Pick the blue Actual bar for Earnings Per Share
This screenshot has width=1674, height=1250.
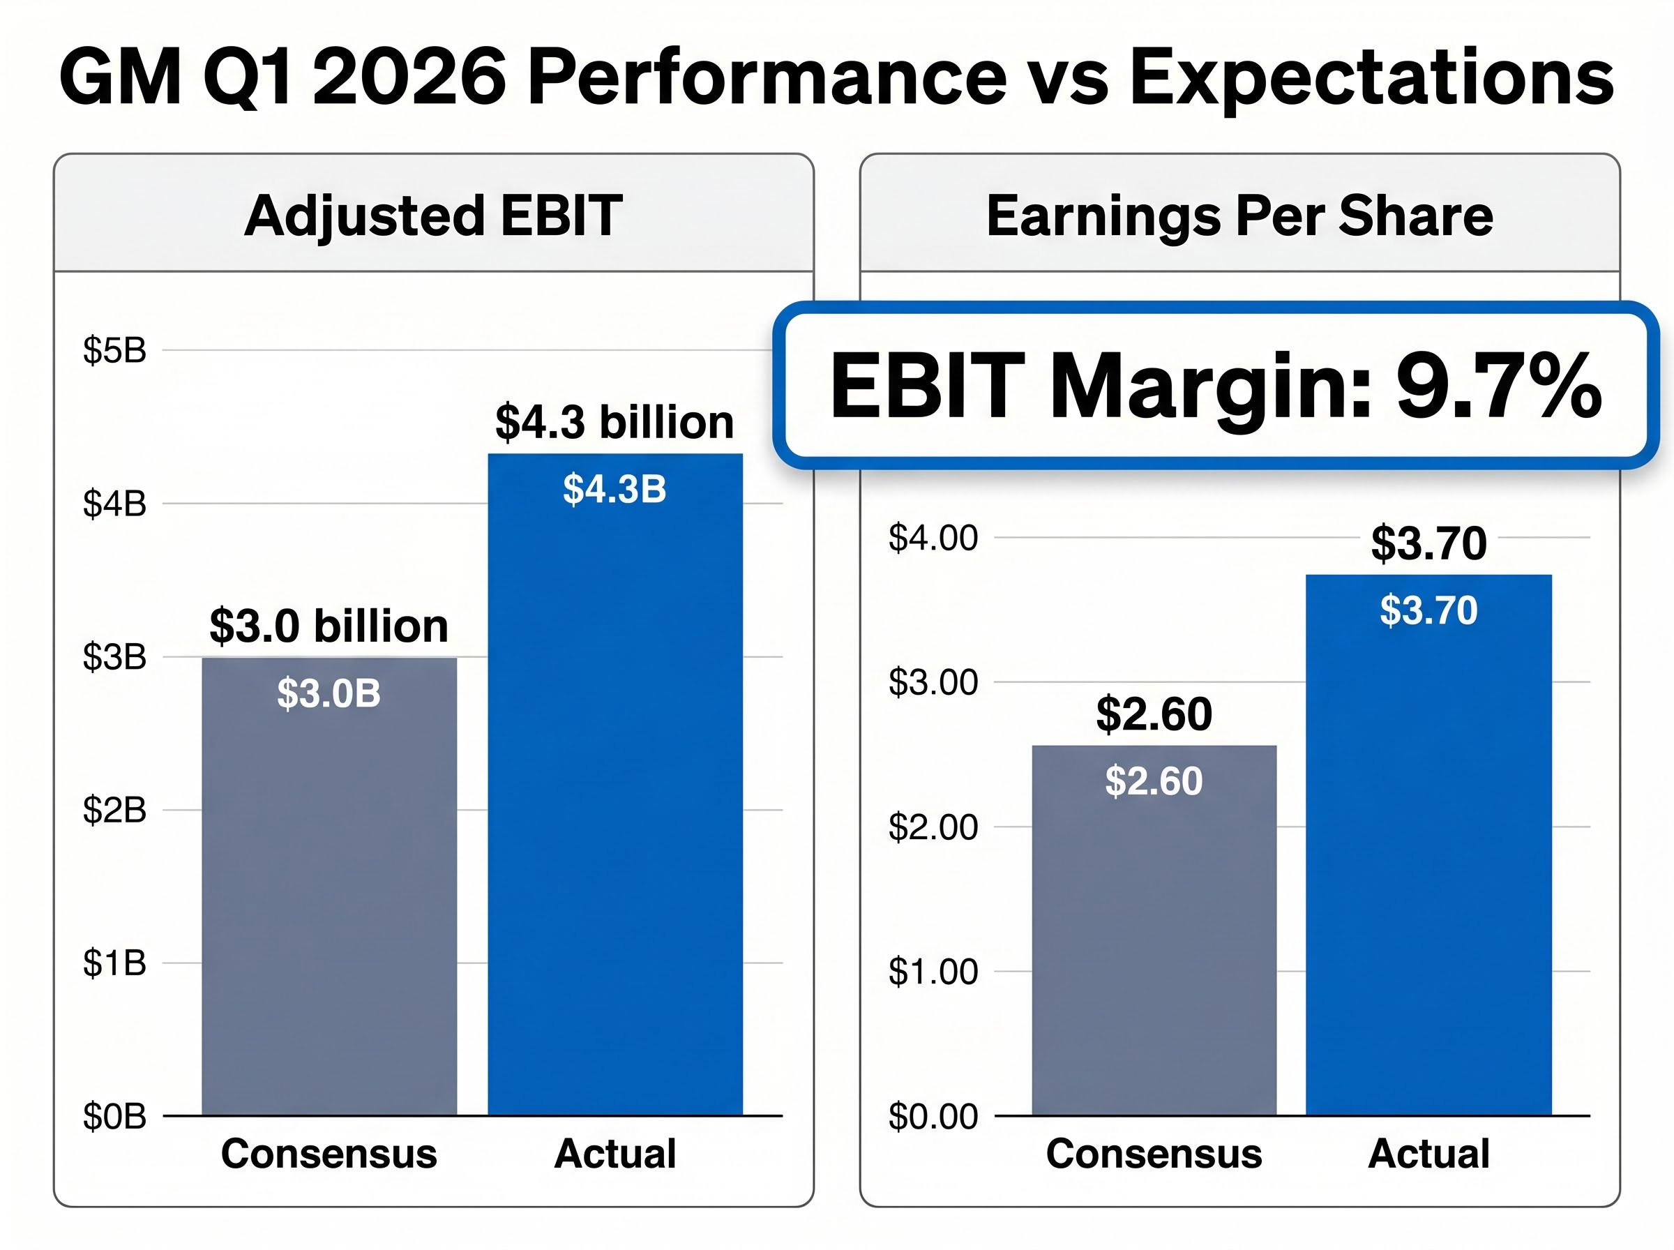(1428, 870)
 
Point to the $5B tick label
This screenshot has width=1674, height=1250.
(114, 351)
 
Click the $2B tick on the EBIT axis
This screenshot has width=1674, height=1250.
(114, 811)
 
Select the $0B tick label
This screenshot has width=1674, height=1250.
(114, 1116)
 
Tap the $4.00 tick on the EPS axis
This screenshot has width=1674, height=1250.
(933, 538)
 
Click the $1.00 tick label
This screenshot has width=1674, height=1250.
(933, 972)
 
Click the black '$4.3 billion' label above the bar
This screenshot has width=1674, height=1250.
(614, 422)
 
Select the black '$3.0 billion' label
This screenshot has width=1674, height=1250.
(329, 626)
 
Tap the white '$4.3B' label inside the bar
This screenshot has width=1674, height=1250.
(614, 489)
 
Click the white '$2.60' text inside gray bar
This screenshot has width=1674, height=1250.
(1154, 781)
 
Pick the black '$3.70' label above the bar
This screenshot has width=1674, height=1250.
(1428, 543)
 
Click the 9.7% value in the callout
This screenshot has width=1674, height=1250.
(1498, 386)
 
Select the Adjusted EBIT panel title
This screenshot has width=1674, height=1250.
(433, 216)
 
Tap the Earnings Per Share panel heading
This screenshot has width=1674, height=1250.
(1239, 216)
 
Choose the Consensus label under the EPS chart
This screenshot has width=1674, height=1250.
(1154, 1154)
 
